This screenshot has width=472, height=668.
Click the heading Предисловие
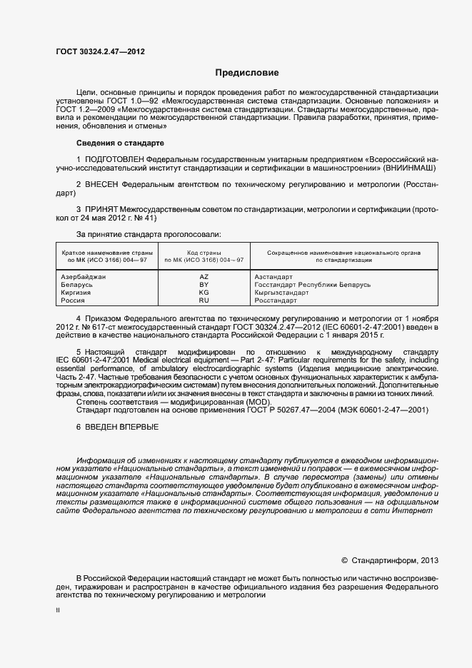[x=247, y=73]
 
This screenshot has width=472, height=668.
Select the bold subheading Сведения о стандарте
[x=111, y=143]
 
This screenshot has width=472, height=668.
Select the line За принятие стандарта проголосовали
[x=149, y=234]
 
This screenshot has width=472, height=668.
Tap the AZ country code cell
[x=204, y=276]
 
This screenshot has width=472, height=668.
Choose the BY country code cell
[x=204, y=285]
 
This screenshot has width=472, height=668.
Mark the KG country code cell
[x=204, y=293]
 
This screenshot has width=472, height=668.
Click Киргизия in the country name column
[x=76, y=293]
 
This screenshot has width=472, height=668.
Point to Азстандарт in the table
[x=273, y=276]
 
